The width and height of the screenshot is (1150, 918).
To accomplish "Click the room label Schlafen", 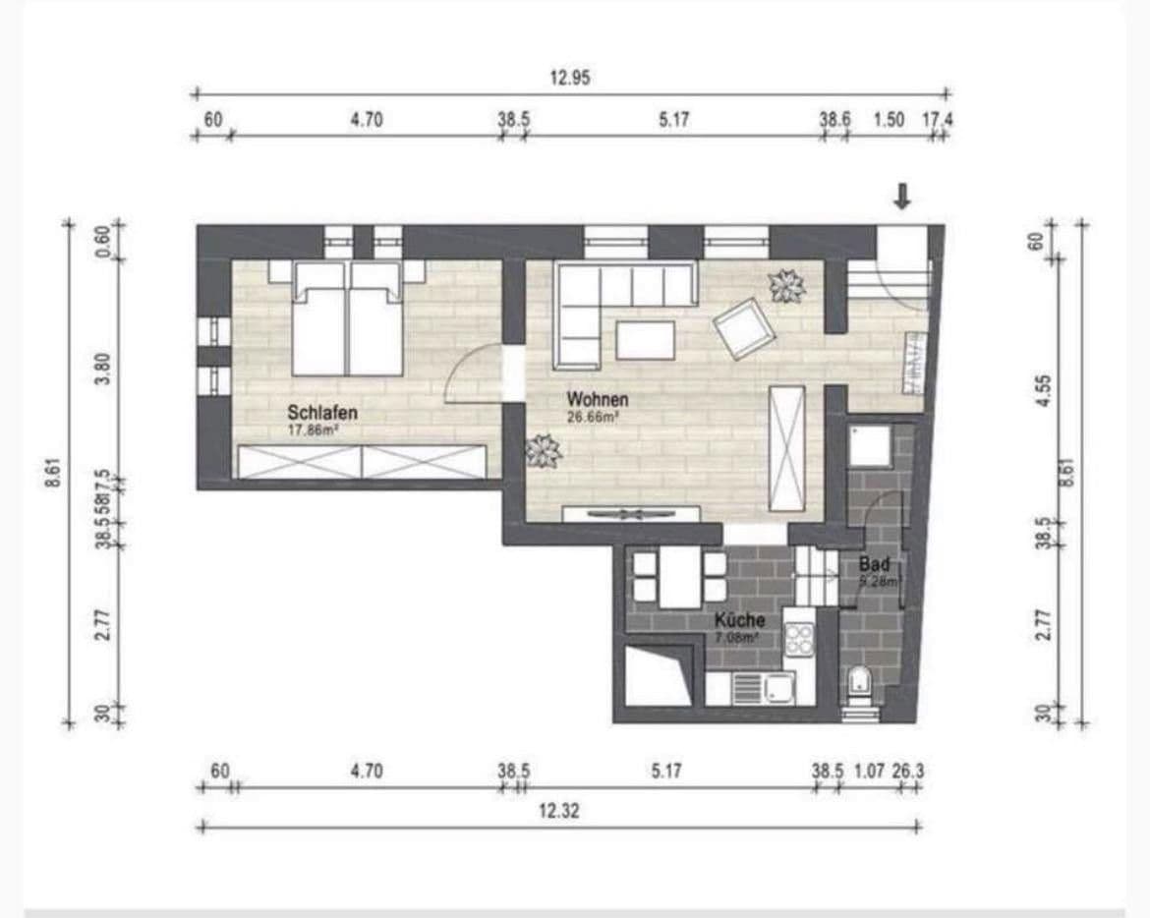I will pyautogui.click(x=321, y=413).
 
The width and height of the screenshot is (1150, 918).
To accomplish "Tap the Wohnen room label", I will pyautogui.click(x=597, y=400).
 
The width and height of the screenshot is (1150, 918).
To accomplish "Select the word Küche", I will pyautogui.click(x=739, y=621).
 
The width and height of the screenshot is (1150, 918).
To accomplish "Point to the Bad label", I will pyautogui.click(x=874, y=565).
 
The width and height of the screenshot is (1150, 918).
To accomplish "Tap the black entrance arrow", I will pyautogui.click(x=901, y=197).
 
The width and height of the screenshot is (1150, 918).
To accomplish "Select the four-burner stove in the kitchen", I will pyautogui.click(x=798, y=639).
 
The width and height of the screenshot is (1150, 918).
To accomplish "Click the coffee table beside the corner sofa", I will pyautogui.click(x=646, y=340).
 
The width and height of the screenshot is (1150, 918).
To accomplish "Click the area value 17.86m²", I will pyautogui.click(x=315, y=430).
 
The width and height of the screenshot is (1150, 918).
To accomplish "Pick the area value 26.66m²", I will pyautogui.click(x=591, y=417).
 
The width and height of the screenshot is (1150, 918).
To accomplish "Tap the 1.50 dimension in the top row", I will pyautogui.click(x=889, y=120).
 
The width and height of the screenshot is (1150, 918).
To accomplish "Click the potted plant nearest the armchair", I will pyautogui.click(x=786, y=286).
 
